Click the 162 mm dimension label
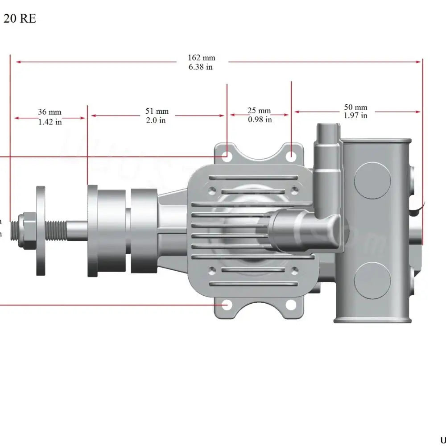[201, 58]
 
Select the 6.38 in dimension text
[201, 67]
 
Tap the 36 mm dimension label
[50, 112]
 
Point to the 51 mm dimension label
[157, 111]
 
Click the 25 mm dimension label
[259, 111]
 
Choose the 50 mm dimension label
[355, 107]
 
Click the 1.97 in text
[355, 116]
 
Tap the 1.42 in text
[50, 122]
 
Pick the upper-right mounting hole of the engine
[291, 156]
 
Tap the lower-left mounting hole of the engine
[228, 305]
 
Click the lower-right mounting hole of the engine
[291, 305]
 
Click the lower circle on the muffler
[372, 280]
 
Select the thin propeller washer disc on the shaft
[40, 231]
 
